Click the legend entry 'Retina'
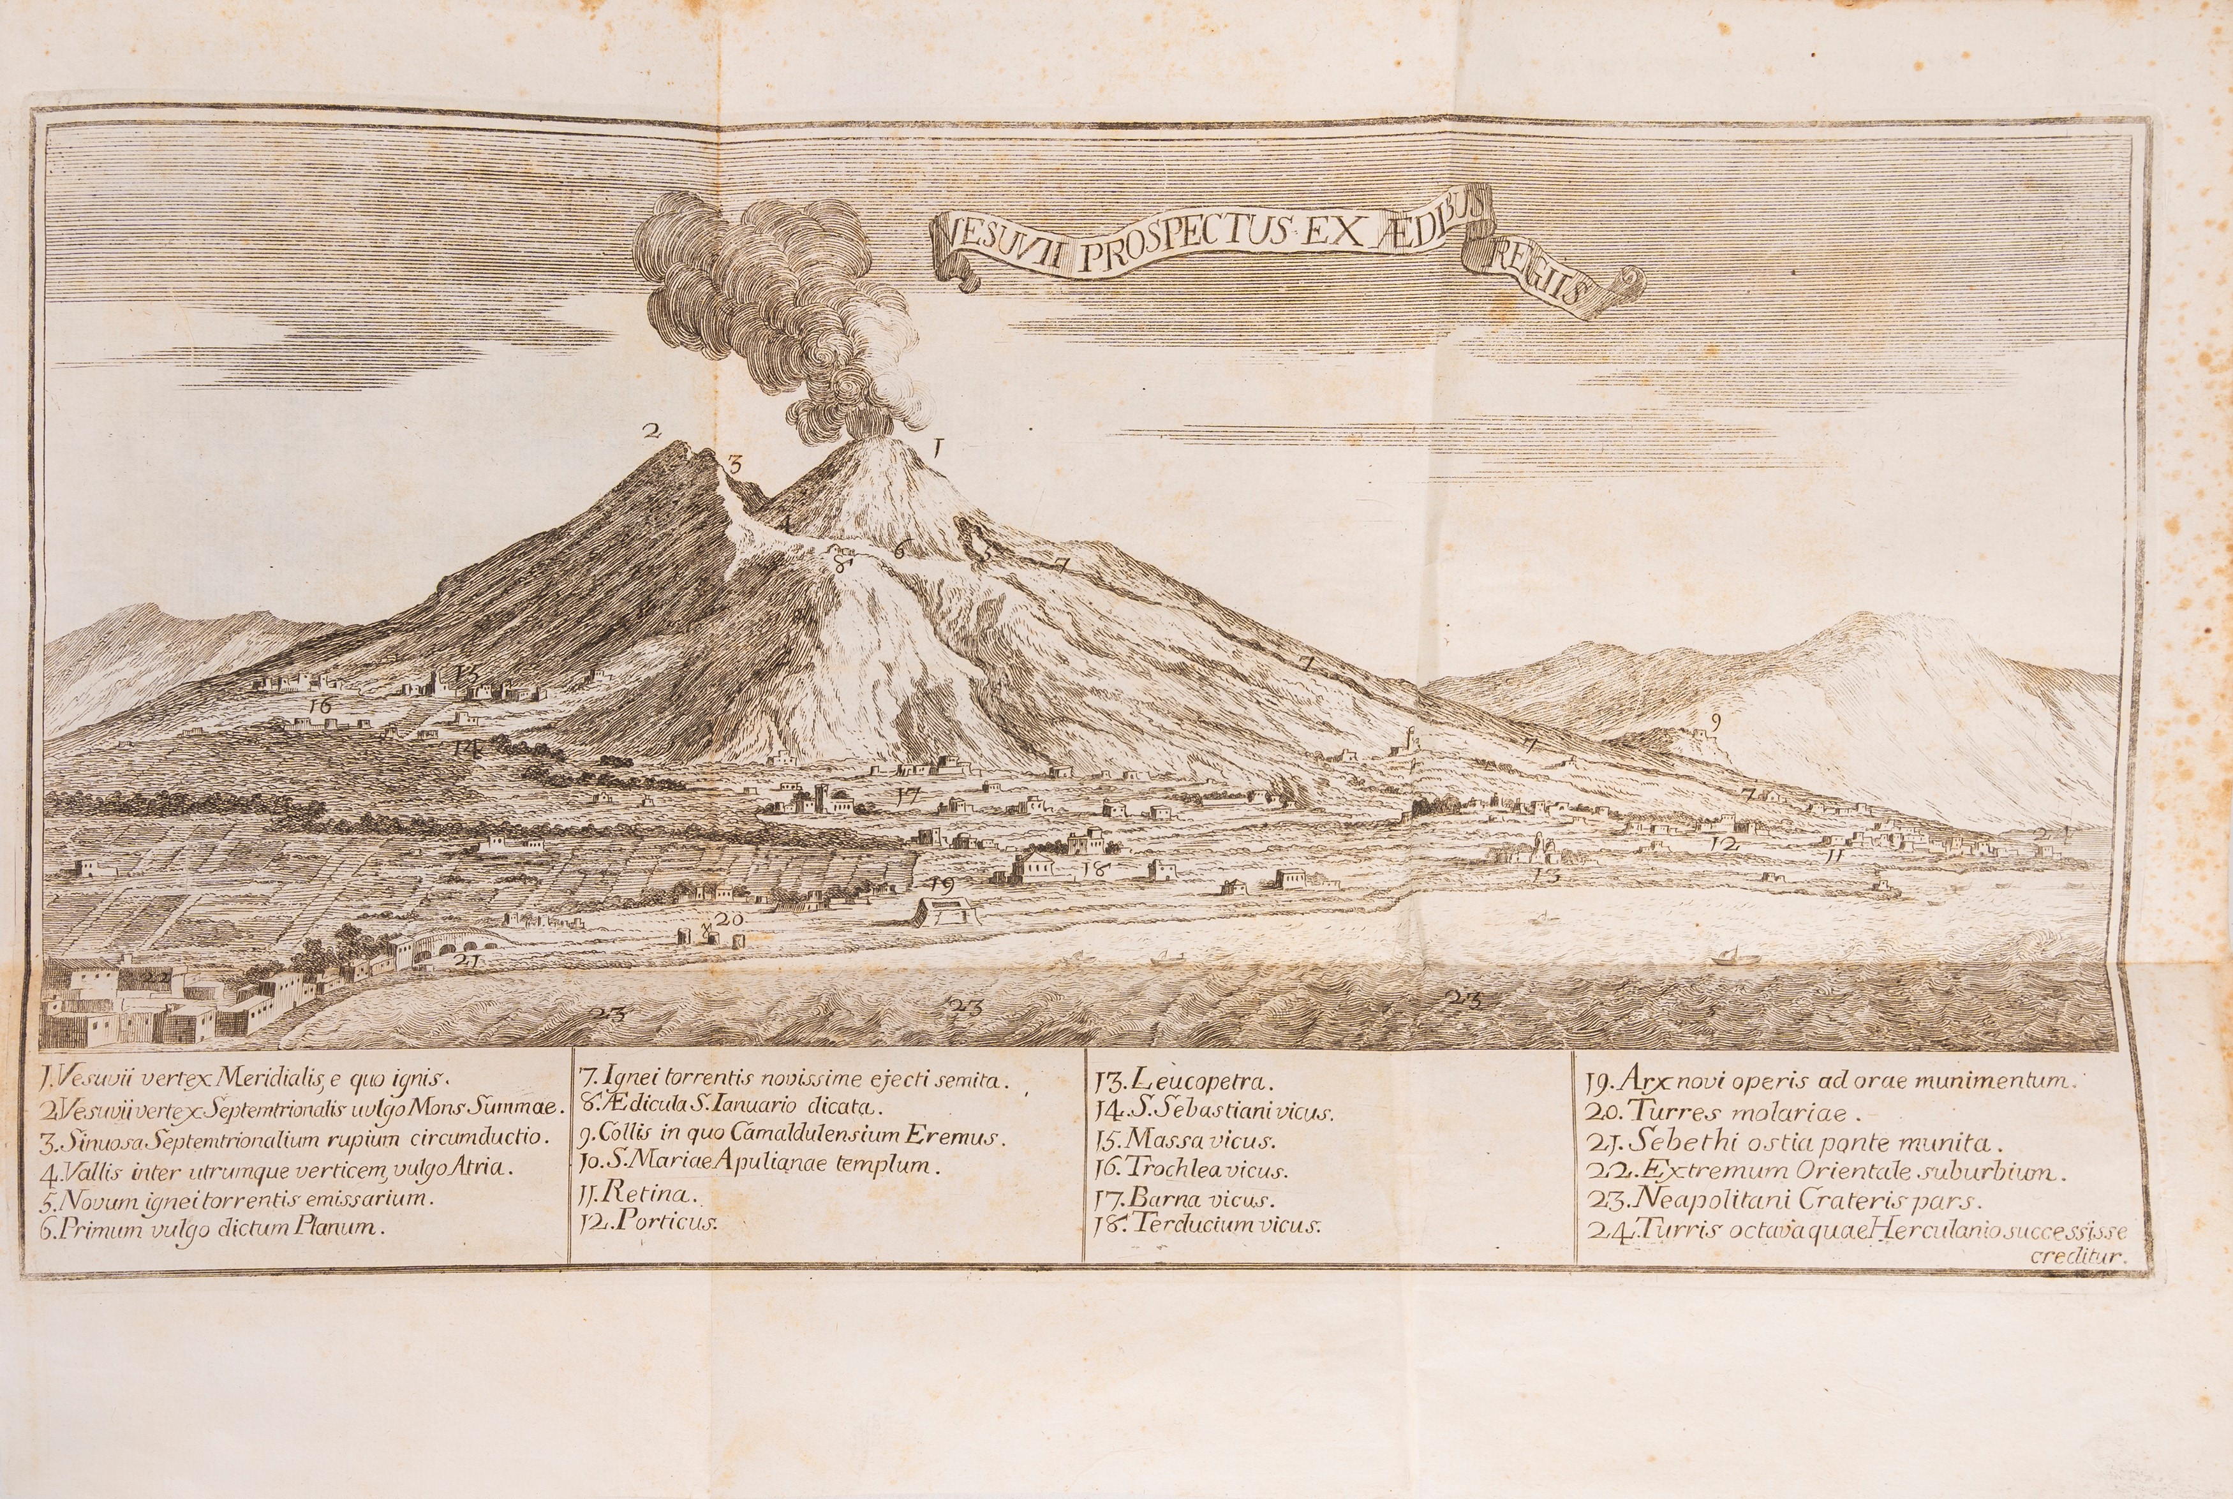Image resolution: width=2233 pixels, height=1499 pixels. click(641, 1194)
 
